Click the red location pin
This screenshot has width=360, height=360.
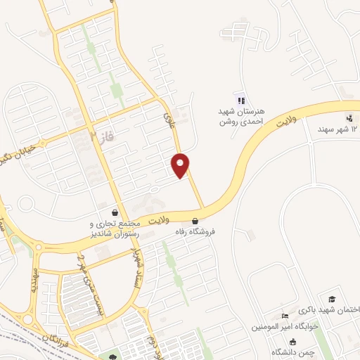click(x=181, y=165)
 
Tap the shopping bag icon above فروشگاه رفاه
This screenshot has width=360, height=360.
click(x=204, y=220)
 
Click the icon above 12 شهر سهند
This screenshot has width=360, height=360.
click(x=349, y=117)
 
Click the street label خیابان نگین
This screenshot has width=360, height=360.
click(x=14, y=151)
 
